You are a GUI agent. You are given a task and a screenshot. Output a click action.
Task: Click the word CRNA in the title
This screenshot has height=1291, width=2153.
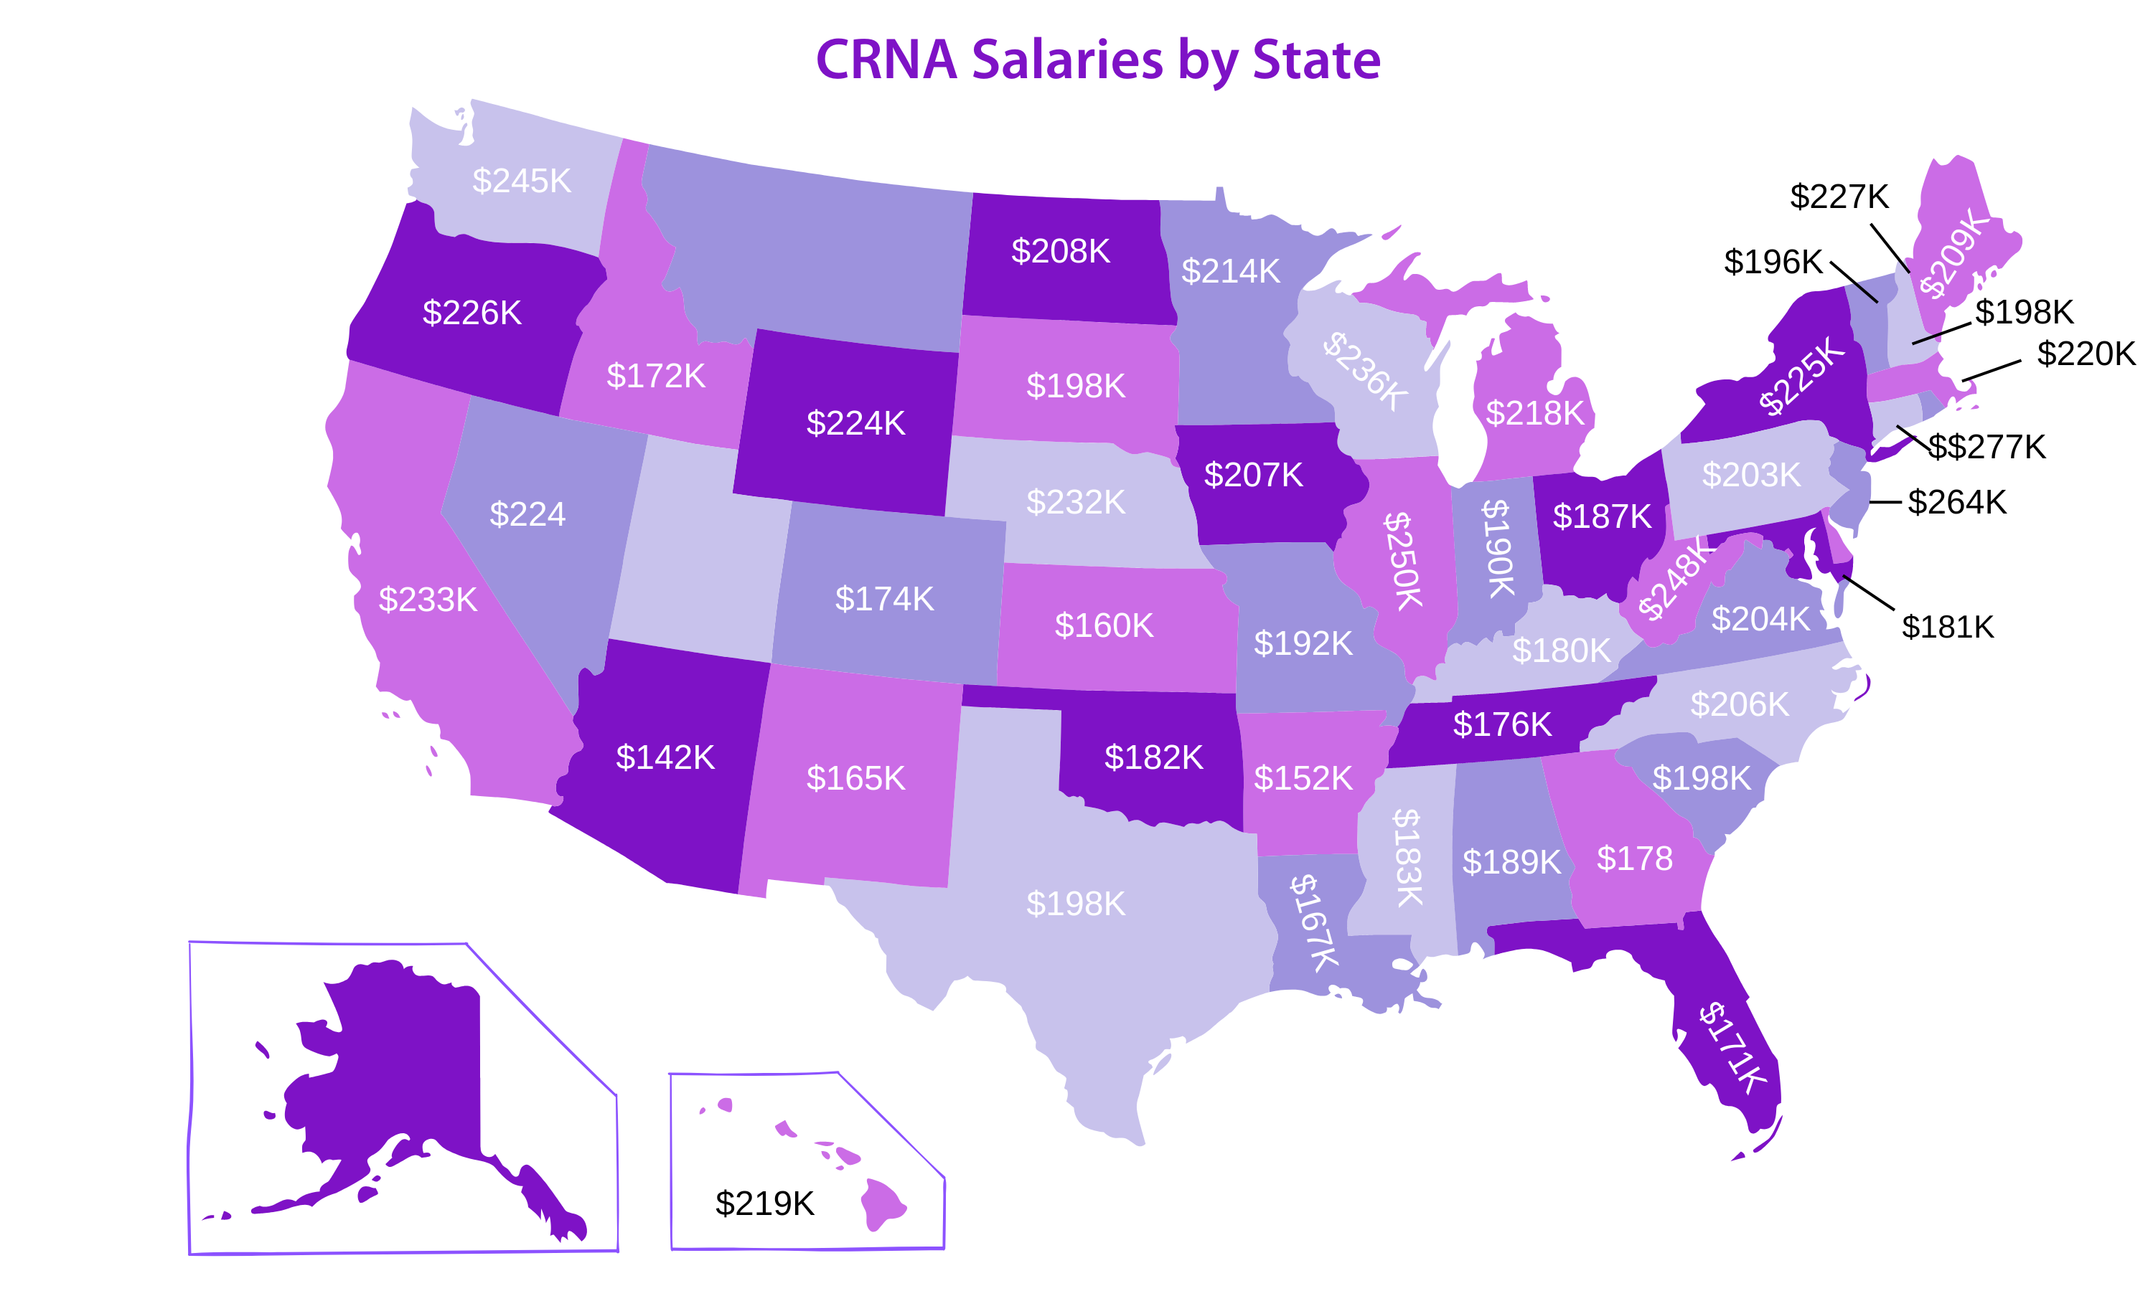(x=885, y=60)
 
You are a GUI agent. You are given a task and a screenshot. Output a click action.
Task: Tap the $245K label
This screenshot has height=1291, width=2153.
(x=521, y=181)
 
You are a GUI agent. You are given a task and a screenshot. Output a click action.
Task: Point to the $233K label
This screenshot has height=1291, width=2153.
(x=427, y=600)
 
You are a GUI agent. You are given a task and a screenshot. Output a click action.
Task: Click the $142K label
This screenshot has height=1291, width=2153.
(x=665, y=757)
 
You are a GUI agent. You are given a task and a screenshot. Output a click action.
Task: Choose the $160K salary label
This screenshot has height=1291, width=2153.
(x=1104, y=625)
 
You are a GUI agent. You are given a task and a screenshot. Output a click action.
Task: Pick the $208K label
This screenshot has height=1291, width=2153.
(x=1060, y=252)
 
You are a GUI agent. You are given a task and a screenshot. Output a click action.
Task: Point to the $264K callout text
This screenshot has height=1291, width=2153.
(x=1956, y=503)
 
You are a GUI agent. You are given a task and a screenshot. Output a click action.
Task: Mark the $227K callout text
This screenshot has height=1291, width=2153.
(x=1839, y=197)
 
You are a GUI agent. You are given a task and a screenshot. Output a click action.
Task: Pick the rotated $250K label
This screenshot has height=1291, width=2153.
(x=1403, y=561)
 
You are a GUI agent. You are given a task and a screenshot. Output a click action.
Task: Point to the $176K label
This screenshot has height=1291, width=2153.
(x=1502, y=724)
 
